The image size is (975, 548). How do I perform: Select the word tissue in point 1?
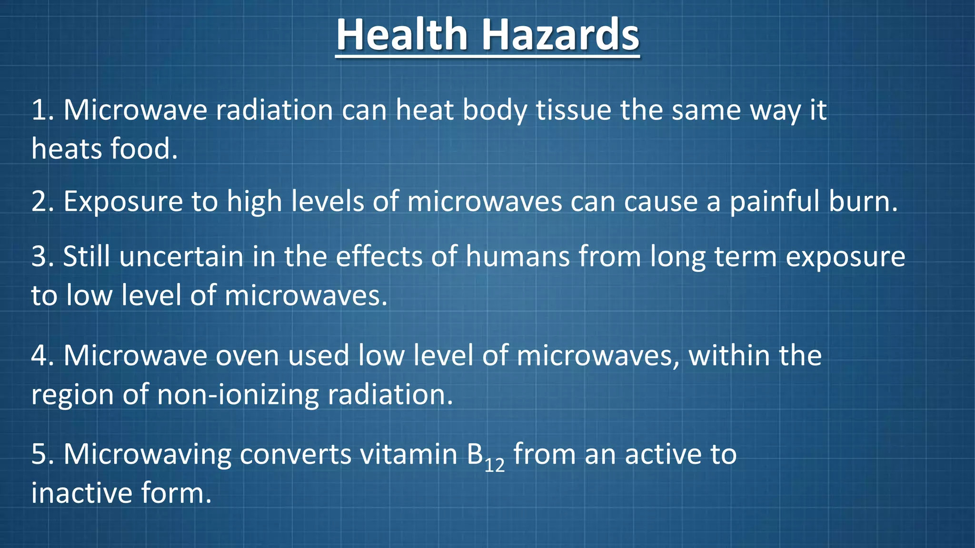[573, 110]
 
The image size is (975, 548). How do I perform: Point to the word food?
[144, 149]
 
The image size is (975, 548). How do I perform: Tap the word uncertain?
[181, 257]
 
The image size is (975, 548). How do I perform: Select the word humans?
[517, 257]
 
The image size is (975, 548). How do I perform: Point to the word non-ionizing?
[238, 395]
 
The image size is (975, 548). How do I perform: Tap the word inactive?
[81, 493]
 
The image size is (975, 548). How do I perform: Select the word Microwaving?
[147, 454]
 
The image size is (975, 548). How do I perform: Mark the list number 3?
[40, 257]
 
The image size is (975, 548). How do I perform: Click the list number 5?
[40, 454]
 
